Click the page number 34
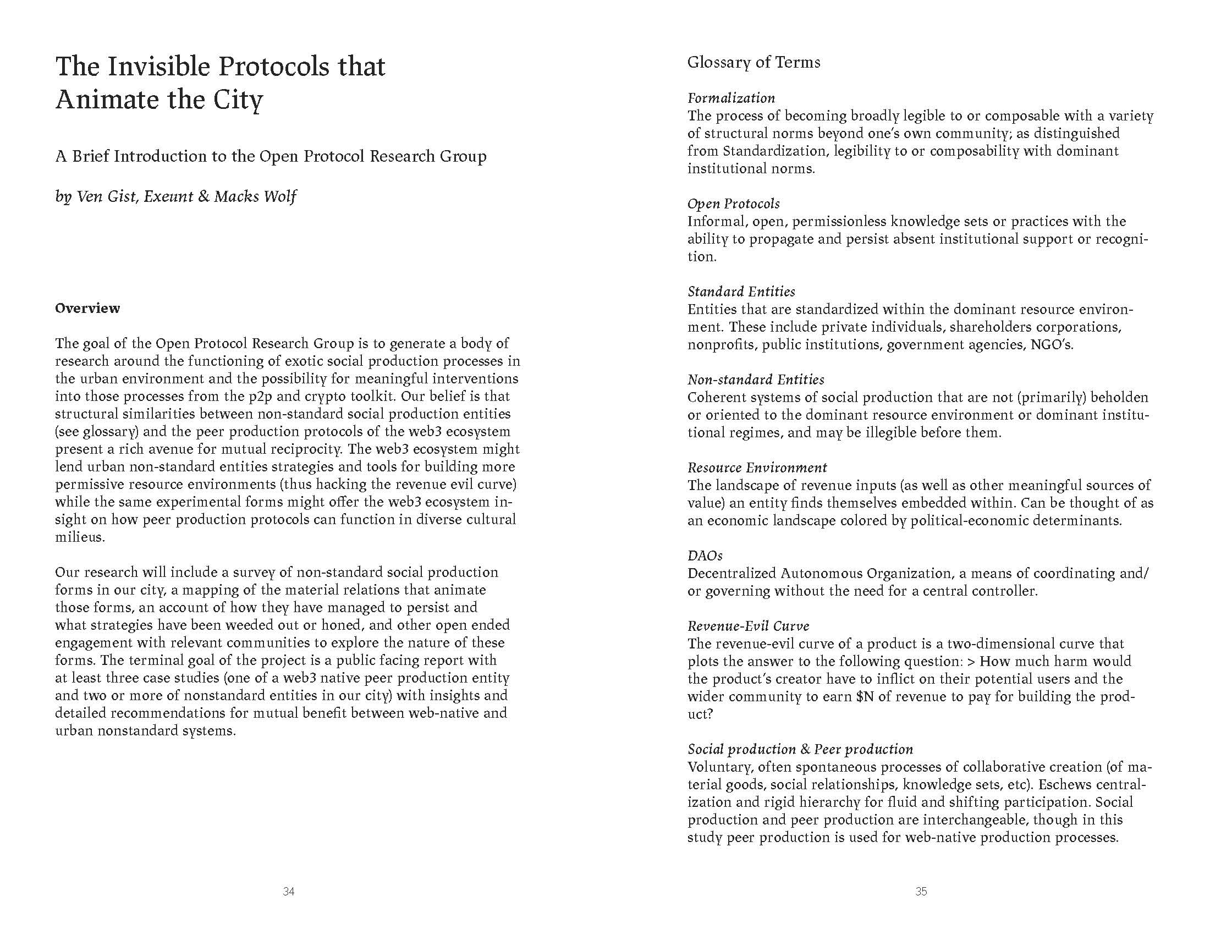288,892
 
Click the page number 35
921,892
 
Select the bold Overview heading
87,309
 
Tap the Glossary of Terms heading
754,62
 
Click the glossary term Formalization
732,98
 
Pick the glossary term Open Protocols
734,204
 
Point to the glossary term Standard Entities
741,292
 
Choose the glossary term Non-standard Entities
756,380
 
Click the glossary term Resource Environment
757,468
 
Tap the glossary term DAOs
705,556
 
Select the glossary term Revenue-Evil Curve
749,626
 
